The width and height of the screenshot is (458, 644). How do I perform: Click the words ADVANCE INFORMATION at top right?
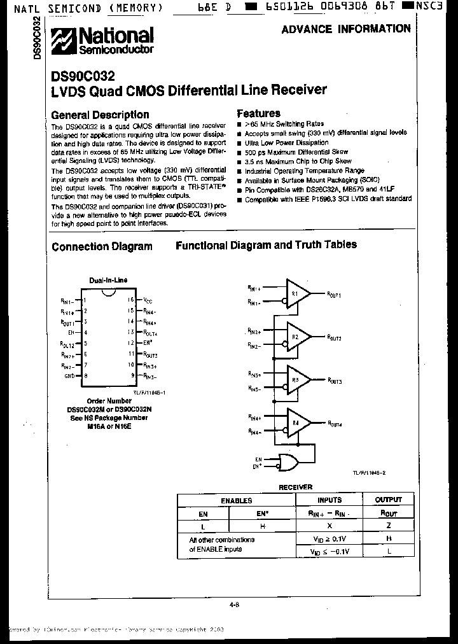pyautogui.click(x=345, y=29)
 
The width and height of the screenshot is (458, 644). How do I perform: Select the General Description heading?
pyautogui.click(x=100, y=115)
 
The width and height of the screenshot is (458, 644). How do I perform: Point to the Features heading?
pyautogui.click(x=258, y=113)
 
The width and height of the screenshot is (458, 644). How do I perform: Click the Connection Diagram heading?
pyautogui.click(x=102, y=247)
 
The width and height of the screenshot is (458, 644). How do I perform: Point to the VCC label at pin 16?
pyautogui.click(x=148, y=299)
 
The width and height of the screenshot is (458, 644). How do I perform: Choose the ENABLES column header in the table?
pyautogui.click(x=236, y=501)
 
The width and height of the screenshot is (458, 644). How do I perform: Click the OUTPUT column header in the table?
pyautogui.click(x=388, y=500)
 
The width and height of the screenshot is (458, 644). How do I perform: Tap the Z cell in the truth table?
pyautogui.click(x=388, y=526)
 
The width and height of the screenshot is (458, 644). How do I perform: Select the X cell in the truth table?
pyautogui.click(x=330, y=526)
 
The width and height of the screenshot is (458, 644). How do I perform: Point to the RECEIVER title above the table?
pyautogui.click(x=295, y=487)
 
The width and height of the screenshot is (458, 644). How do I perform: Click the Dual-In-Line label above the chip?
pyautogui.click(x=108, y=280)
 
